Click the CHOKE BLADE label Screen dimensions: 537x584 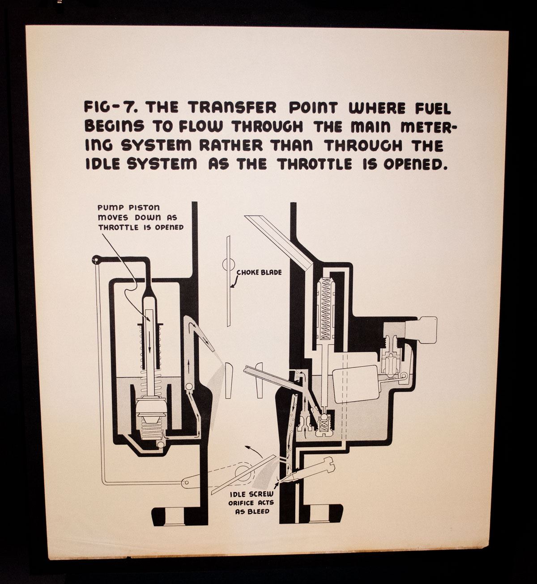pos(259,273)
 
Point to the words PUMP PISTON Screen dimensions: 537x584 pos(129,208)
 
